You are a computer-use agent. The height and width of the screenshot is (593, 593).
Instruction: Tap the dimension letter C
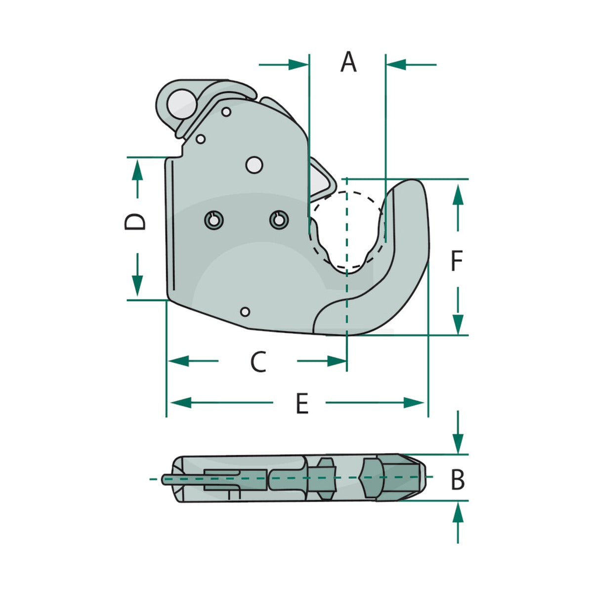click(258, 361)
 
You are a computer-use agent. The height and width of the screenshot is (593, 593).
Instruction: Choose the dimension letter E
click(302, 403)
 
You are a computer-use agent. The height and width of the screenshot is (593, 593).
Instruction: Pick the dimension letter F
click(457, 260)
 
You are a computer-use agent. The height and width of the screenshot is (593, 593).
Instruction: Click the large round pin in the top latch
click(182, 104)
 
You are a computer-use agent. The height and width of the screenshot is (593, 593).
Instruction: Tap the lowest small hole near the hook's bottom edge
click(245, 312)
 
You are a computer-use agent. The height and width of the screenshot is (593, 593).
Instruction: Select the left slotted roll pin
click(214, 220)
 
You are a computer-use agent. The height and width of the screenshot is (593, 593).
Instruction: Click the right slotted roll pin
click(279, 220)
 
